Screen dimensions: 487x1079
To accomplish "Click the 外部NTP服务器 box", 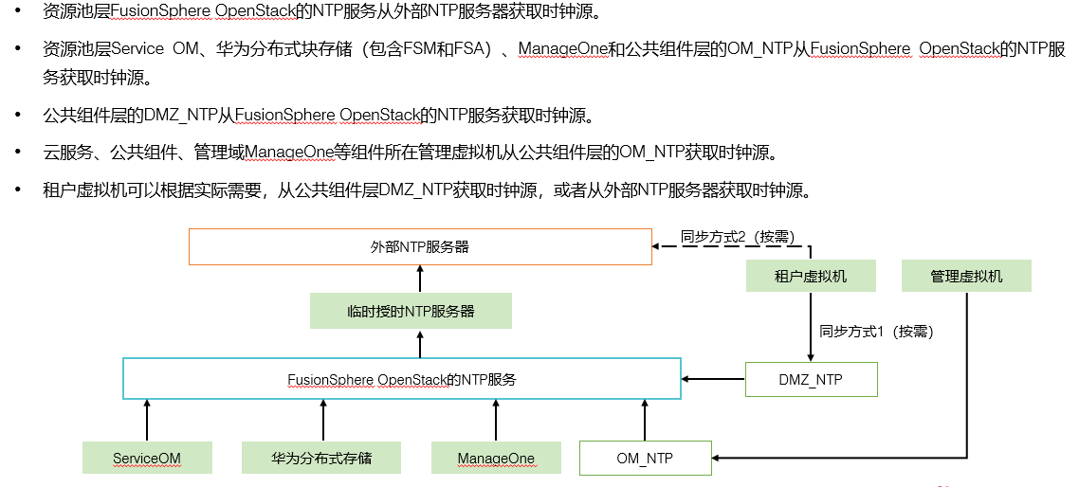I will coord(419,246).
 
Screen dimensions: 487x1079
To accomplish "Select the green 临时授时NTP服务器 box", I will coord(411,311).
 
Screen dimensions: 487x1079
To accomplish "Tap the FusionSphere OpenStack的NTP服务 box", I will coord(402,379).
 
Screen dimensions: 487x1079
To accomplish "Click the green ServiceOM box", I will coord(147,459).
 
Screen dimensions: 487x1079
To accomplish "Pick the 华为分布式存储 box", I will coord(320,459).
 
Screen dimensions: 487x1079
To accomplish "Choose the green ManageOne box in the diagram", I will coord(496,459).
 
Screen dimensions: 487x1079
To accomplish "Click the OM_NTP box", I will coord(645,459).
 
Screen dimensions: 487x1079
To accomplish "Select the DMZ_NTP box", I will coord(811,380).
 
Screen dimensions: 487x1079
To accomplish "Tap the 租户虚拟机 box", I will coord(811,277).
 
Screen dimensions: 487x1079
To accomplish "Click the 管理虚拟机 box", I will coord(966,277).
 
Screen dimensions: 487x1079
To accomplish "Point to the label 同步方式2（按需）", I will coord(737,237).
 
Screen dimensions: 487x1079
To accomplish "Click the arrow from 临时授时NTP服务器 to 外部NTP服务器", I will coord(419,279).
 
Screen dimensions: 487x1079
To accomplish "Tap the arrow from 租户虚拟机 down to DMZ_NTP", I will coord(811,327).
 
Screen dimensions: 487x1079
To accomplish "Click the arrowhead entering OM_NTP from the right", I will coord(719,459).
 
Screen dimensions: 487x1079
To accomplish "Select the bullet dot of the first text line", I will coord(17,12).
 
